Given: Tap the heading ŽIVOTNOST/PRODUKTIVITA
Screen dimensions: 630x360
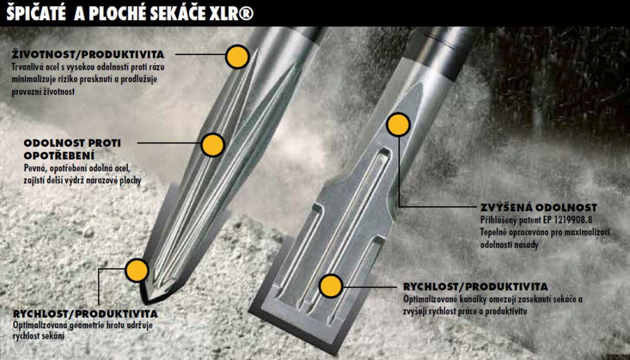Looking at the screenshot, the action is [x=88, y=55].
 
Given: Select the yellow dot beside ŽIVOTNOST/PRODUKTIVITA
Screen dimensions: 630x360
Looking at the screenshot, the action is [x=238, y=57].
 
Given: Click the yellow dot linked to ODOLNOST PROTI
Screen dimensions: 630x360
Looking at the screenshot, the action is [x=213, y=145].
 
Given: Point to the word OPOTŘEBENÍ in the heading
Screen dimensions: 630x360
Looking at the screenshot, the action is [x=59, y=156].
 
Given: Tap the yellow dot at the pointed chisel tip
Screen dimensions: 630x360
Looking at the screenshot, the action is [x=136, y=270].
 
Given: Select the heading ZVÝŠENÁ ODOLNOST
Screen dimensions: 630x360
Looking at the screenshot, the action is [x=539, y=208].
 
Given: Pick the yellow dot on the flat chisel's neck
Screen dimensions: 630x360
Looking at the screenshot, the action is [x=398, y=125].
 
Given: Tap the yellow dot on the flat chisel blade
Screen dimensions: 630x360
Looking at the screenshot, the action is [x=331, y=286].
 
